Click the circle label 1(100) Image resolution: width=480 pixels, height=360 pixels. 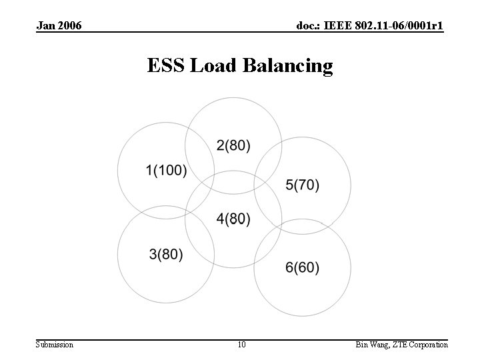(166, 171)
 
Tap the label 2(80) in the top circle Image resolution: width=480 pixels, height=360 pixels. (233, 145)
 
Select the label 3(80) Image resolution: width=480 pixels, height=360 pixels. (166, 254)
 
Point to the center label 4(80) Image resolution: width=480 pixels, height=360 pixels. (233, 219)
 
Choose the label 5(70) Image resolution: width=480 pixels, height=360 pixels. (302, 185)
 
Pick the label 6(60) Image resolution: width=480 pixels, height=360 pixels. (302, 267)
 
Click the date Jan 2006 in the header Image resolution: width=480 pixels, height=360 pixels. (60, 26)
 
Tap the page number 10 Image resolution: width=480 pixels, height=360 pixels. (241, 345)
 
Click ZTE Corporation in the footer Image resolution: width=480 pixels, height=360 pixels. (421, 345)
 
